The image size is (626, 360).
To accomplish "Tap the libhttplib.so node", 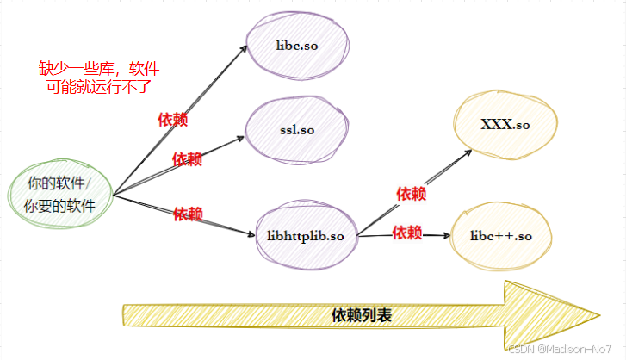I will (307, 234).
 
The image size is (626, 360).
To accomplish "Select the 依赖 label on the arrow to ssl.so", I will (187, 159).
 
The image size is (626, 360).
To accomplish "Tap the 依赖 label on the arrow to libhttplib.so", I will (188, 213).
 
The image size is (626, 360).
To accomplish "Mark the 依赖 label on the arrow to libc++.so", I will (407, 233).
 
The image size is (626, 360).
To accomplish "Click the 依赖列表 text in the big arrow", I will (362, 315).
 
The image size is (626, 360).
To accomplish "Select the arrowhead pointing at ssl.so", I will (239, 136).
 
